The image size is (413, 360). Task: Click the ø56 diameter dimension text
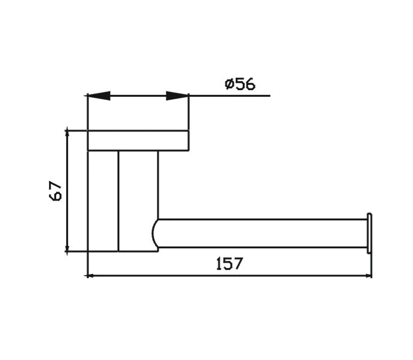tap(240, 84)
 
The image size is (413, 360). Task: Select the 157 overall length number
tap(229, 263)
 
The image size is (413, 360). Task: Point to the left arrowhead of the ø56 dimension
tap(99, 96)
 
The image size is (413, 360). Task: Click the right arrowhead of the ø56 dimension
tap(177, 96)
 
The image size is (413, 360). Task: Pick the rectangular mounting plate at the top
tap(138, 140)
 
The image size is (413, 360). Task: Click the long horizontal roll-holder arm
tap(263, 233)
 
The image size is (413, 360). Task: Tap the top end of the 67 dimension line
tap(67, 129)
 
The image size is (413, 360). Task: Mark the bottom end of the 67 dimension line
tap(67, 252)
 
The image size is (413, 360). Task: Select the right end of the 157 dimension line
tap(370, 276)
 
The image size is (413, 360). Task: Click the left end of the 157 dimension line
tap(88, 276)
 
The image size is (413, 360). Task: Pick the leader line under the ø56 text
tap(239, 96)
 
